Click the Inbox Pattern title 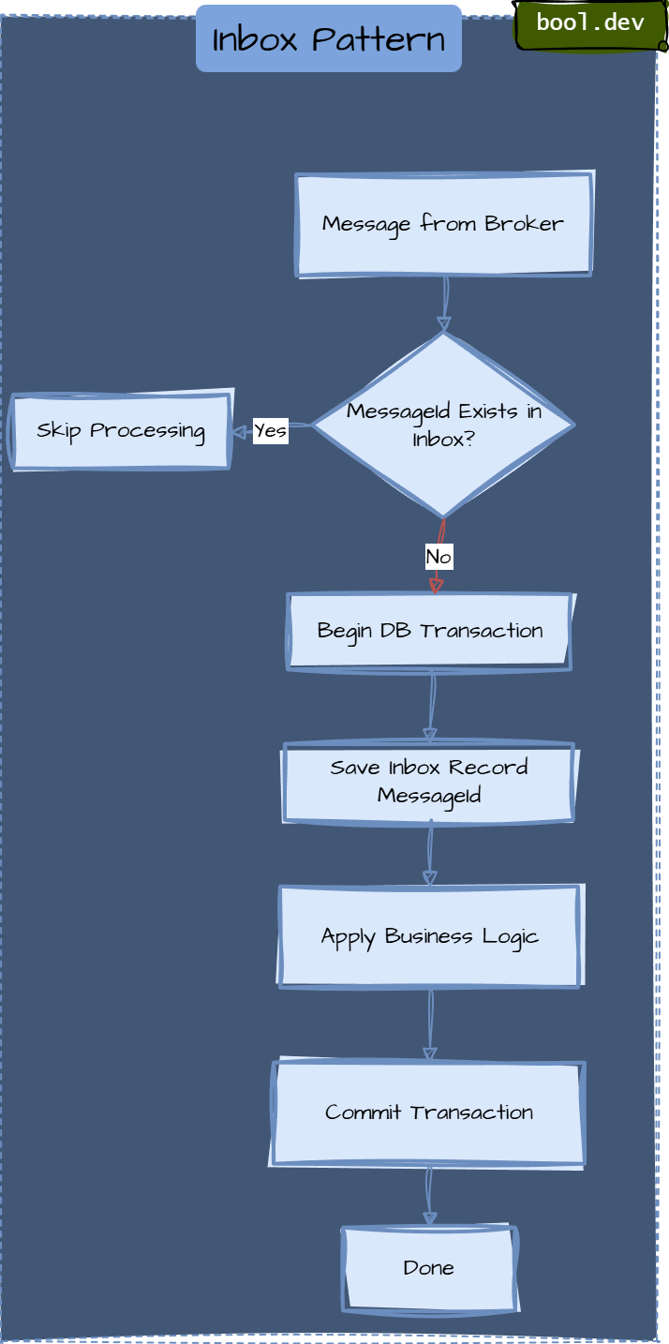pos(329,39)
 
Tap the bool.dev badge pos(590,23)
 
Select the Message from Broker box pos(443,225)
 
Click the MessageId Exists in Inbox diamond pos(443,425)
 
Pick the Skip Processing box pos(121,431)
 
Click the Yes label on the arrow pos(270,431)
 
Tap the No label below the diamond pos(439,557)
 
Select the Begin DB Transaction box pos(429,631)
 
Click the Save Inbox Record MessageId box pos(429,782)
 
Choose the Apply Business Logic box pos(429,936)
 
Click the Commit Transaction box pos(429,1113)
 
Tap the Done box pos(429,1268)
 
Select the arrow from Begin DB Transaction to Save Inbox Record pos(431,708)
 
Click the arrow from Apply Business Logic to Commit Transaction pos(430,1023)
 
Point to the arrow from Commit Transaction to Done pos(429,1197)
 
